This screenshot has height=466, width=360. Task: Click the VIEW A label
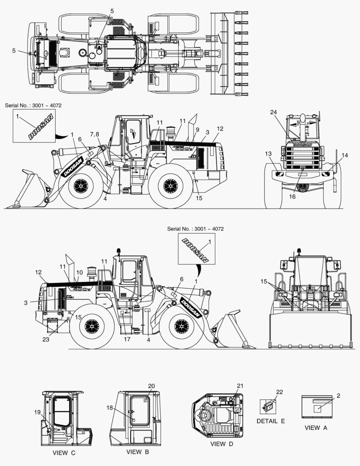pyautogui.click(x=316, y=428)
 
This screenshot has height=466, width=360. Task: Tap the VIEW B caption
pyautogui.click(x=138, y=452)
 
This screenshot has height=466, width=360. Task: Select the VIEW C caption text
pyautogui.click(x=64, y=453)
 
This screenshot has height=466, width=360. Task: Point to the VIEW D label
pyautogui.click(x=222, y=444)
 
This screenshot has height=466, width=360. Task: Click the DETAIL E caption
pyautogui.click(x=271, y=421)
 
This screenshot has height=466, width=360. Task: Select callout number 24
pyautogui.click(x=274, y=112)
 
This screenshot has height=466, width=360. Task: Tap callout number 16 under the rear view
pyautogui.click(x=292, y=196)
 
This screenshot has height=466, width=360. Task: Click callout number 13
pyautogui.click(x=268, y=154)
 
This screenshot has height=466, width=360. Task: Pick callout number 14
pyautogui.click(x=344, y=155)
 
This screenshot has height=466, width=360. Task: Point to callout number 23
pyautogui.click(x=46, y=339)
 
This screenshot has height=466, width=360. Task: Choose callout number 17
pyautogui.click(x=127, y=339)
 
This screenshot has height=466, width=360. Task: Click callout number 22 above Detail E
pyautogui.click(x=279, y=392)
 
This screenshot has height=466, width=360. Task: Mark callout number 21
pyautogui.click(x=240, y=386)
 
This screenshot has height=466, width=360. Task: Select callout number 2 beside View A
pyautogui.click(x=338, y=396)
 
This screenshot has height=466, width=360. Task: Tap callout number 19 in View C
pyautogui.click(x=37, y=412)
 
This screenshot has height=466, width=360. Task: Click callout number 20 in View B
pyautogui.click(x=151, y=386)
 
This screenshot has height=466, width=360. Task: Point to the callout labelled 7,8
pyautogui.click(x=94, y=135)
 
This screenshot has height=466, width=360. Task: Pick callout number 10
pyautogui.click(x=79, y=273)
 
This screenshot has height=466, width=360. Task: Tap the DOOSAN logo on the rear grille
pyautogui.click(x=303, y=145)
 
